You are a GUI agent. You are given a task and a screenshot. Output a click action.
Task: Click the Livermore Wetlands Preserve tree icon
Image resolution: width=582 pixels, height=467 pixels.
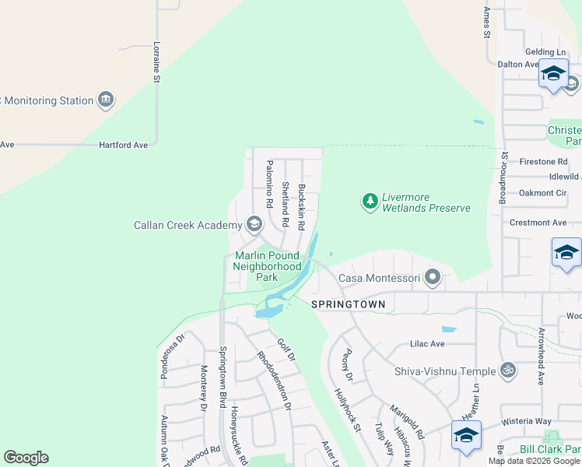pyautogui.click(x=370, y=202)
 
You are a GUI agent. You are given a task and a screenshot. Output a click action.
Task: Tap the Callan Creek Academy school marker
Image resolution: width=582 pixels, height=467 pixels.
pyautogui.click(x=254, y=225)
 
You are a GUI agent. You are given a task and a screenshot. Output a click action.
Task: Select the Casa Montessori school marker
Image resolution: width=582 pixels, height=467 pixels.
pyautogui.click(x=433, y=277)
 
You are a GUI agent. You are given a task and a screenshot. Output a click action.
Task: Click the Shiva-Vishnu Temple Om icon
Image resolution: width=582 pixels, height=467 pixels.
pyautogui.click(x=508, y=370)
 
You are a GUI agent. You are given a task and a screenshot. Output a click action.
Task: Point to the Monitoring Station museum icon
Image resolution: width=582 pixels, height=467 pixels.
pyautogui.click(x=105, y=100)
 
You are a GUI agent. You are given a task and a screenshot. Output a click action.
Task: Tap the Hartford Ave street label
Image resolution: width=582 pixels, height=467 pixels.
pyautogui.click(x=123, y=145)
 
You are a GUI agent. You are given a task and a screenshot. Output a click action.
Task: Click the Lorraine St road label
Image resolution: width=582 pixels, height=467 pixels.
pyautogui.click(x=156, y=62)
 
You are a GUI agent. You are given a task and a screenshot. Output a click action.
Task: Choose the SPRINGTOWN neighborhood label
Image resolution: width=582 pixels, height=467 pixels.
pyautogui.click(x=348, y=304)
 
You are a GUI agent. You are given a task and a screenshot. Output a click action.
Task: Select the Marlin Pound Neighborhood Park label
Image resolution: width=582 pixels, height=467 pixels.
pyautogui.click(x=267, y=265)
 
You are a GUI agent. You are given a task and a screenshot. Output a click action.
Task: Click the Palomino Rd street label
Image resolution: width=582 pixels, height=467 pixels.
pyautogui.click(x=269, y=183)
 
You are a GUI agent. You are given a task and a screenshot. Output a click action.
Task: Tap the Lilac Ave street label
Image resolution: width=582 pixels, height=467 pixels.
pyautogui.click(x=427, y=343)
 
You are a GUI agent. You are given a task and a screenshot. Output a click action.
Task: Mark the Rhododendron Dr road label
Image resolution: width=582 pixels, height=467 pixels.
pyautogui.click(x=274, y=381)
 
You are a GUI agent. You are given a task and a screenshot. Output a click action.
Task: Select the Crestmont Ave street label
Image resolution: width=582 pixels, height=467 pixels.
pyautogui.click(x=538, y=223)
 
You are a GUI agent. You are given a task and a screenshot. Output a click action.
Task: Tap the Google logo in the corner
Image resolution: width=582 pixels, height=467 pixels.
pyautogui.click(x=26, y=458)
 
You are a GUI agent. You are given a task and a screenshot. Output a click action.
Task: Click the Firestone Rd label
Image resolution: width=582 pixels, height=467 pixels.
pyautogui.click(x=542, y=161)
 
